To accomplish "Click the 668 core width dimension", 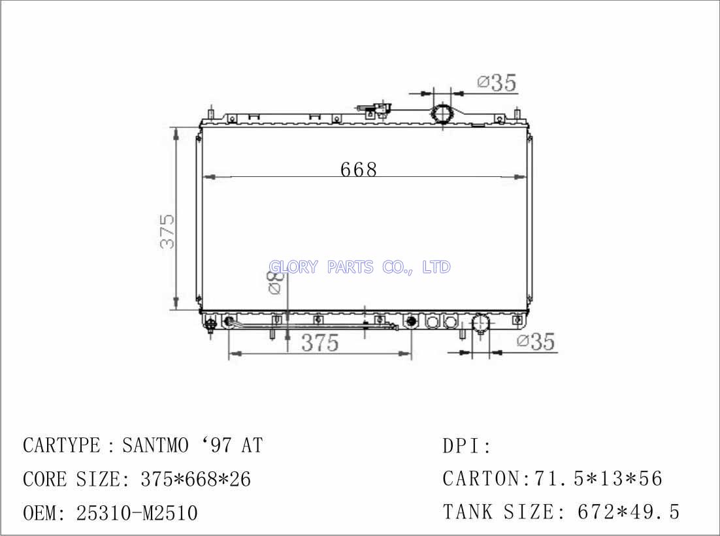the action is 359,169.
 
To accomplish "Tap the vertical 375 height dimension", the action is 168,231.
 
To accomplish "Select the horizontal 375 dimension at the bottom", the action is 320,343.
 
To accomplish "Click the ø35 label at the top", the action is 497,83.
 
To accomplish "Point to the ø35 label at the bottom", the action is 536,341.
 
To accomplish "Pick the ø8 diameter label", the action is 274,282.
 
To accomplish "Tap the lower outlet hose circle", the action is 481,323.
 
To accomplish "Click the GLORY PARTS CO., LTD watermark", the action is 359,266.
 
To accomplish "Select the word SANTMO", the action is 155,445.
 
